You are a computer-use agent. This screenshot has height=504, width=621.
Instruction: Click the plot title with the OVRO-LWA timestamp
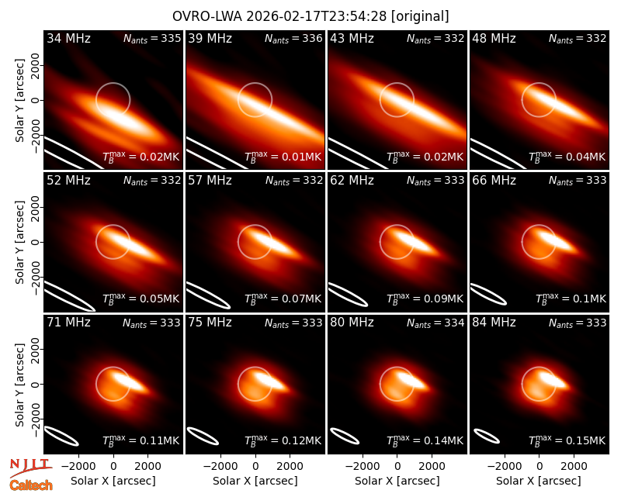point(310,16)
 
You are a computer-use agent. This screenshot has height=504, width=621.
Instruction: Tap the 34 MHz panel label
point(68,38)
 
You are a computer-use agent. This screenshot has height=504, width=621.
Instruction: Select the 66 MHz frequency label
point(494,181)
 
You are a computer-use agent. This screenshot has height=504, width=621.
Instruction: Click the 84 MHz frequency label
point(494,323)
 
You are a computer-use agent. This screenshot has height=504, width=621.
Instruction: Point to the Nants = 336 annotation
point(293,38)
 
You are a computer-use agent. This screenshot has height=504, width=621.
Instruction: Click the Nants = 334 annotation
point(435,323)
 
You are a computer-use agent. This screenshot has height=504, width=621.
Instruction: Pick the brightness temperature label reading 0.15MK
point(567,440)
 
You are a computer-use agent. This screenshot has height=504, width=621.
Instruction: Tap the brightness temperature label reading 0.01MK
point(283,157)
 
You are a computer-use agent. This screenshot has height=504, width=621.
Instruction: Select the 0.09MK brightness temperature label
point(425,299)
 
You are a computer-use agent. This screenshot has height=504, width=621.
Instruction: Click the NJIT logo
point(30,467)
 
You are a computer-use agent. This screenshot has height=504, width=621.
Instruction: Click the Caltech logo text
point(31,485)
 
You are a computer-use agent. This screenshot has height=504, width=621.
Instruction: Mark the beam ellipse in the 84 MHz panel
point(487,437)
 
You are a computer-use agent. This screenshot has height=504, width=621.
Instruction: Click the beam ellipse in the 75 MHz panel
point(203,436)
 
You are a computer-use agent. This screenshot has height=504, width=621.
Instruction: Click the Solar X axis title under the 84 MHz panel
point(539,481)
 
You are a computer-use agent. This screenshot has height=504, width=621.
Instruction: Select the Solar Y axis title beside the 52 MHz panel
point(20,242)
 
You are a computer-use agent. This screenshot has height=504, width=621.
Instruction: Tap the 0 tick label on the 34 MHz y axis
point(36,100)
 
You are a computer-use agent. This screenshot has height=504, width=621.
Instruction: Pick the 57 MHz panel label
point(210,181)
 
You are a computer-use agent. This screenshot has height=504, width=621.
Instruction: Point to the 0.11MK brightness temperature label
point(141,440)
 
